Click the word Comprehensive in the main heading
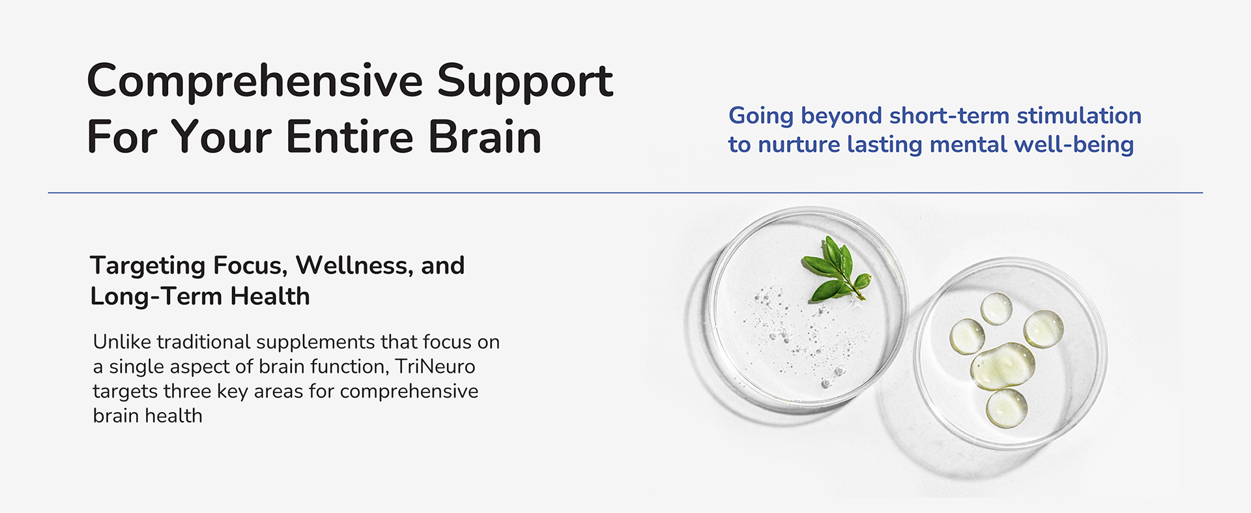[x=255, y=82]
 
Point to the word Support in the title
[x=525, y=82]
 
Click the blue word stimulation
[x=1079, y=115]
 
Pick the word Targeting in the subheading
[x=148, y=266]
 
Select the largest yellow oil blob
[x=1002, y=366]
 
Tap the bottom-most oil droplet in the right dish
[x=1007, y=408]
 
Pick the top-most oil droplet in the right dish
[x=996, y=308]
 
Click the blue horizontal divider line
[x=625, y=193]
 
